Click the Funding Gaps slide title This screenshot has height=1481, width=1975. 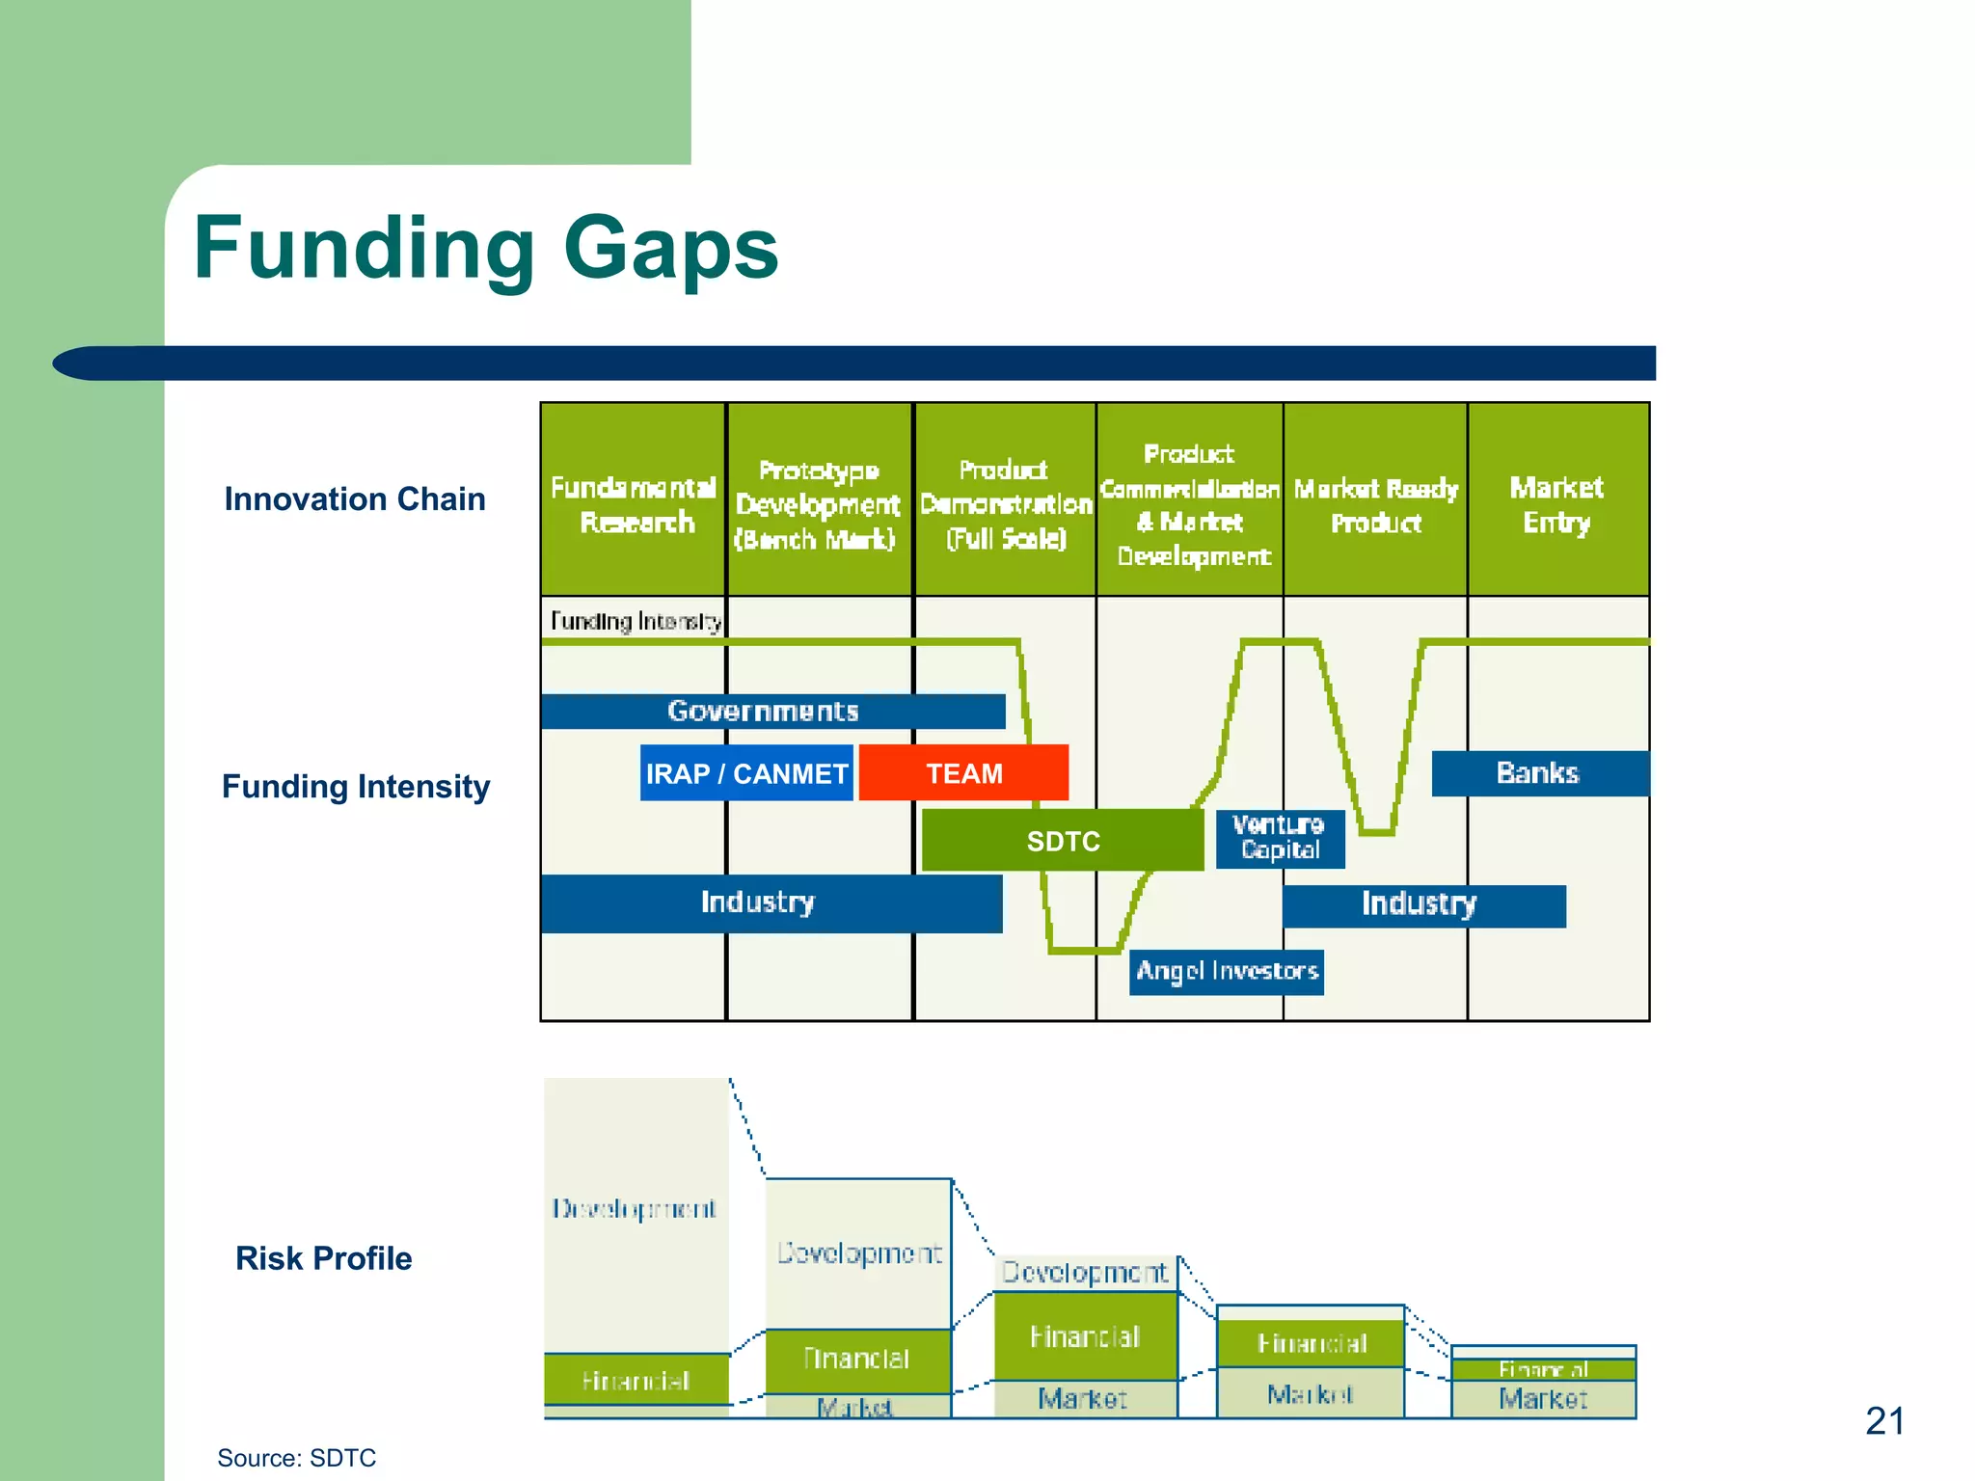click(485, 249)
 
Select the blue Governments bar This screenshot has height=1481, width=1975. click(771, 712)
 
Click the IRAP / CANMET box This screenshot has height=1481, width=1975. click(746, 773)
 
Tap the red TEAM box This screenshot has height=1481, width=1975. click(963, 773)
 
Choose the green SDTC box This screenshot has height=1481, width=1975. click(1063, 841)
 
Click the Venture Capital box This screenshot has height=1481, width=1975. click(1279, 838)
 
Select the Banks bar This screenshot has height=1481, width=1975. click(1538, 773)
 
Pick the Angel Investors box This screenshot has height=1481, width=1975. click(1226, 971)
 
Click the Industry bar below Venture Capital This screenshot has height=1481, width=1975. click(1422, 905)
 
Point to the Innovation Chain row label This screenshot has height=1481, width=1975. click(355, 499)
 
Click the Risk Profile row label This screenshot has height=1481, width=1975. click(323, 1258)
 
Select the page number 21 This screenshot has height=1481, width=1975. click(1884, 1421)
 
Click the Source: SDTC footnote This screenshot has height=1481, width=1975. click(296, 1458)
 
